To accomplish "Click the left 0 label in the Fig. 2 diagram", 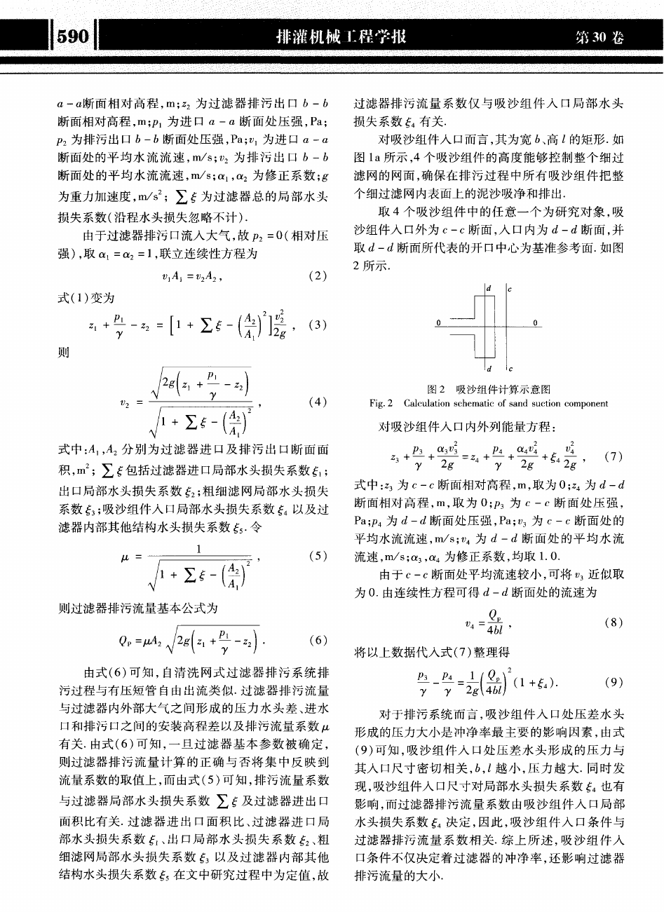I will click(x=438, y=322).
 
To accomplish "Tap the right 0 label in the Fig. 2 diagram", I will click(x=536, y=322).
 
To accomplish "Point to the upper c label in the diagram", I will click(x=510, y=287).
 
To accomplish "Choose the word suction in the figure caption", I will click(x=540, y=403).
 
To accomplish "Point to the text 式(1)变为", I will click(x=80, y=298).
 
